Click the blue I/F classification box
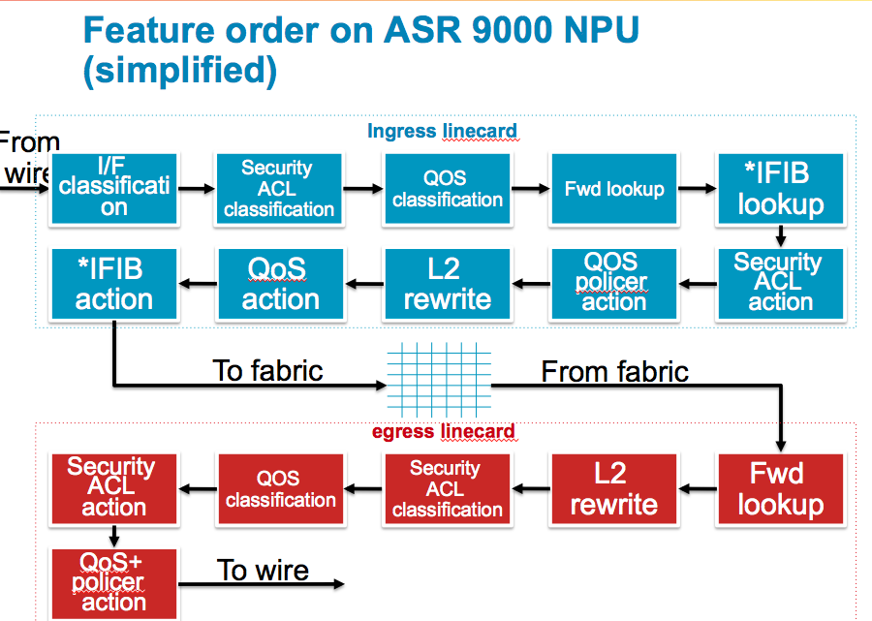[x=113, y=188]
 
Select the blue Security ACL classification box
[x=279, y=188]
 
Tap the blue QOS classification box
[x=448, y=188]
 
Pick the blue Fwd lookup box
[x=614, y=188]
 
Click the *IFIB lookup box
[x=780, y=188]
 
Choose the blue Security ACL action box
[x=780, y=283]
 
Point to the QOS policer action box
[x=614, y=283]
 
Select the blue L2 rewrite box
[x=448, y=283]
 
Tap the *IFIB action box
[x=113, y=283]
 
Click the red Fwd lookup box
[x=780, y=489]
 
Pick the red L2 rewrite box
[x=614, y=489]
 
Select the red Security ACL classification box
[x=448, y=489]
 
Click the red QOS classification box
[x=281, y=489]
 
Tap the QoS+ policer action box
[x=113, y=583]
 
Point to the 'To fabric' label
[x=267, y=370]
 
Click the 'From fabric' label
[x=614, y=371]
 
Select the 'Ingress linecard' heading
[x=442, y=131]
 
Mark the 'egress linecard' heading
[x=443, y=432]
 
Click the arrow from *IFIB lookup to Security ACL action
[x=780, y=235]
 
